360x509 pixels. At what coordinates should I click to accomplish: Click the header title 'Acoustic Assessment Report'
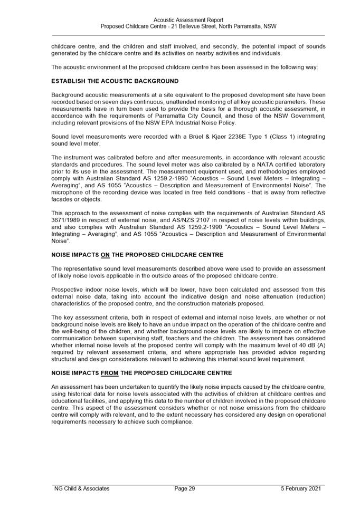(x=188, y=20)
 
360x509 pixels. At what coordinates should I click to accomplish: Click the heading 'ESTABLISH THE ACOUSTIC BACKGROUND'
(x=115, y=81)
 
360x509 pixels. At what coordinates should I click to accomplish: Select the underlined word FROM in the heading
(x=110, y=373)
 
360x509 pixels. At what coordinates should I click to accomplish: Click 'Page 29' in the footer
(x=185, y=488)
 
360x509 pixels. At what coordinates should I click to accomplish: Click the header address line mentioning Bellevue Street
(x=188, y=26)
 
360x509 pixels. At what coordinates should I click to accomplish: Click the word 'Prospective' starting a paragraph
(x=67, y=290)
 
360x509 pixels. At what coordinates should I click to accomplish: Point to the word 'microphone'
(x=67, y=193)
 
